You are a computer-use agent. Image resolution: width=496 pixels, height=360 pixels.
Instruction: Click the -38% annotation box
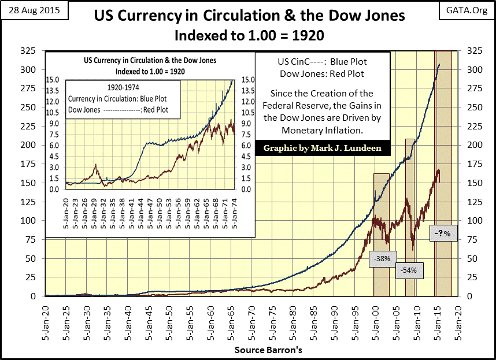(x=382, y=259)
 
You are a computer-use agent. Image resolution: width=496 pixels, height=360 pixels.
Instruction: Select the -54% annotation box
(x=409, y=270)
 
